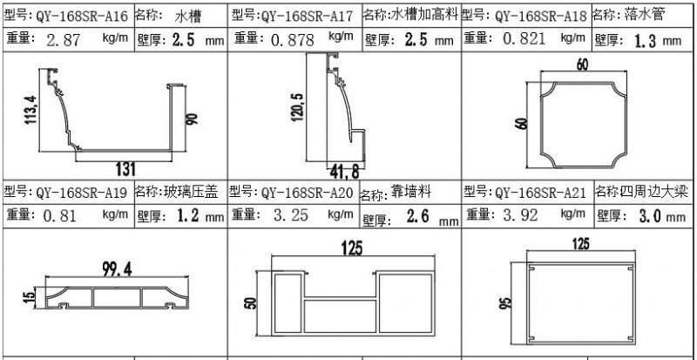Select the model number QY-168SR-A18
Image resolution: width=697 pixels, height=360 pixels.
[x=539, y=16]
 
